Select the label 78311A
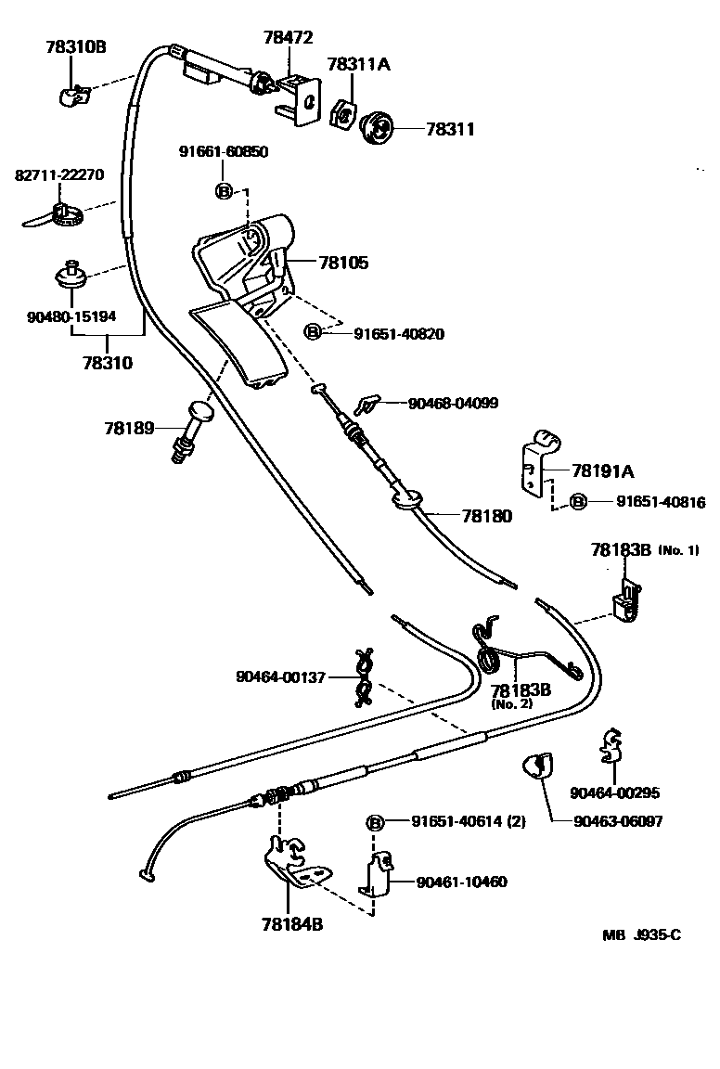(358, 64)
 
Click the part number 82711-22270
(58, 174)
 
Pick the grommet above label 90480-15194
(72, 275)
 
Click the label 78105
(343, 264)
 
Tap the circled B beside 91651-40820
(313, 332)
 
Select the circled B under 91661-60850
(224, 191)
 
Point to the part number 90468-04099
(453, 404)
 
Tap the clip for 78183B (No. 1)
(625, 601)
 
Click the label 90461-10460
(461, 882)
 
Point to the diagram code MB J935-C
(641, 934)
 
